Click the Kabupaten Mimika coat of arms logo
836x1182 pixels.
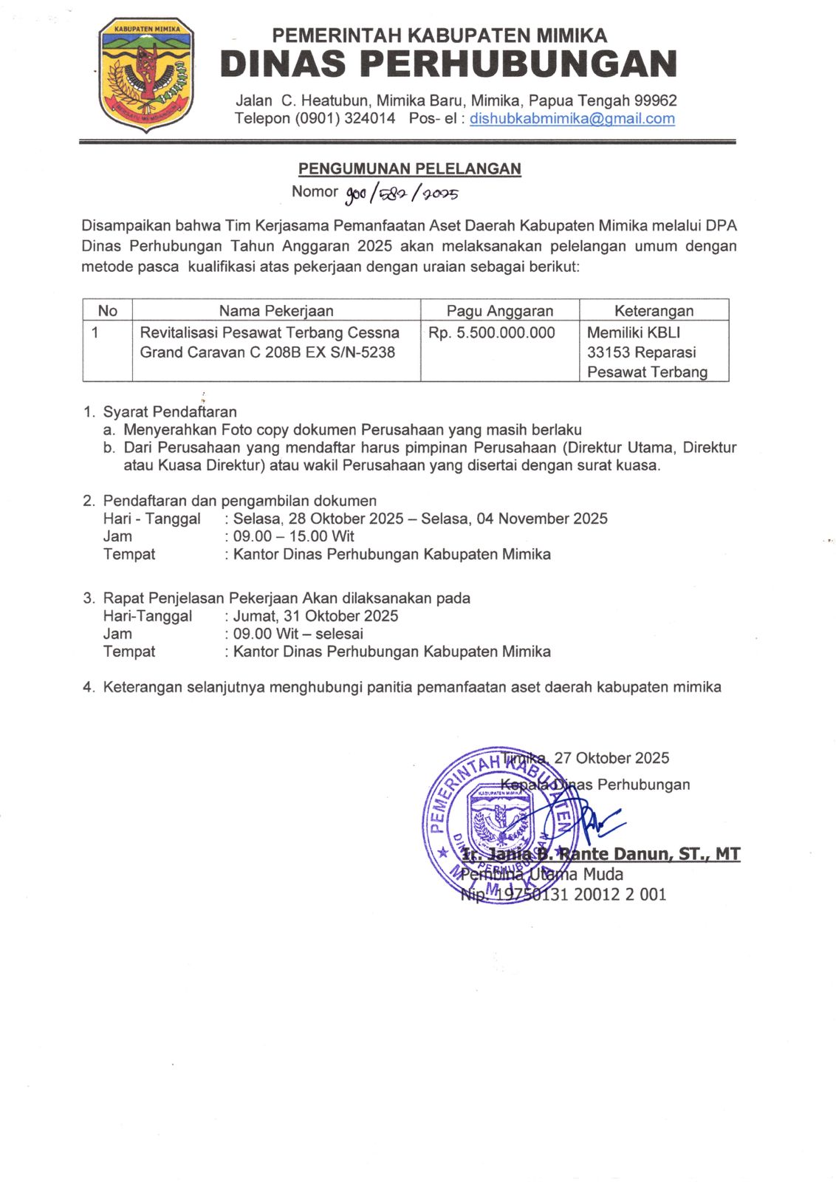pyautogui.click(x=146, y=74)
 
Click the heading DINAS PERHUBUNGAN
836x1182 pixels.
pyautogui.click(x=448, y=64)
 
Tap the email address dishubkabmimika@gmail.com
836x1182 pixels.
pyautogui.click(x=572, y=119)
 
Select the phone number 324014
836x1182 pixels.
pyautogui.click(x=369, y=119)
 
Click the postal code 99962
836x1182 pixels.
pyautogui.click(x=655, y=100)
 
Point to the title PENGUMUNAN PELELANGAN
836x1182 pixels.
pyautogui.click(x=409, y=169)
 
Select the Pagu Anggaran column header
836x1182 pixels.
pyautogui.click(x=499, y=311)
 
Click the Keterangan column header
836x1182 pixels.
pyautogui.click(x=654, y=311)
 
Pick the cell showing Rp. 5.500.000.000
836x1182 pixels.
pyautogui.click(x=491, y=333)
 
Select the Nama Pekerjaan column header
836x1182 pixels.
pyautogui.click(x=275, y=311)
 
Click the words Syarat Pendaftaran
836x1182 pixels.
pyautogui.click(x=170, y=412)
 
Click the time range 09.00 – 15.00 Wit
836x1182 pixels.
pyautogui.click(x=293, y=536)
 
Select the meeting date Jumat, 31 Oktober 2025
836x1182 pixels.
pyautogui.click(x=315, y=616)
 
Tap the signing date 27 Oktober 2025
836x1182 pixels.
pyautogui.click(x=611, y=758)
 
